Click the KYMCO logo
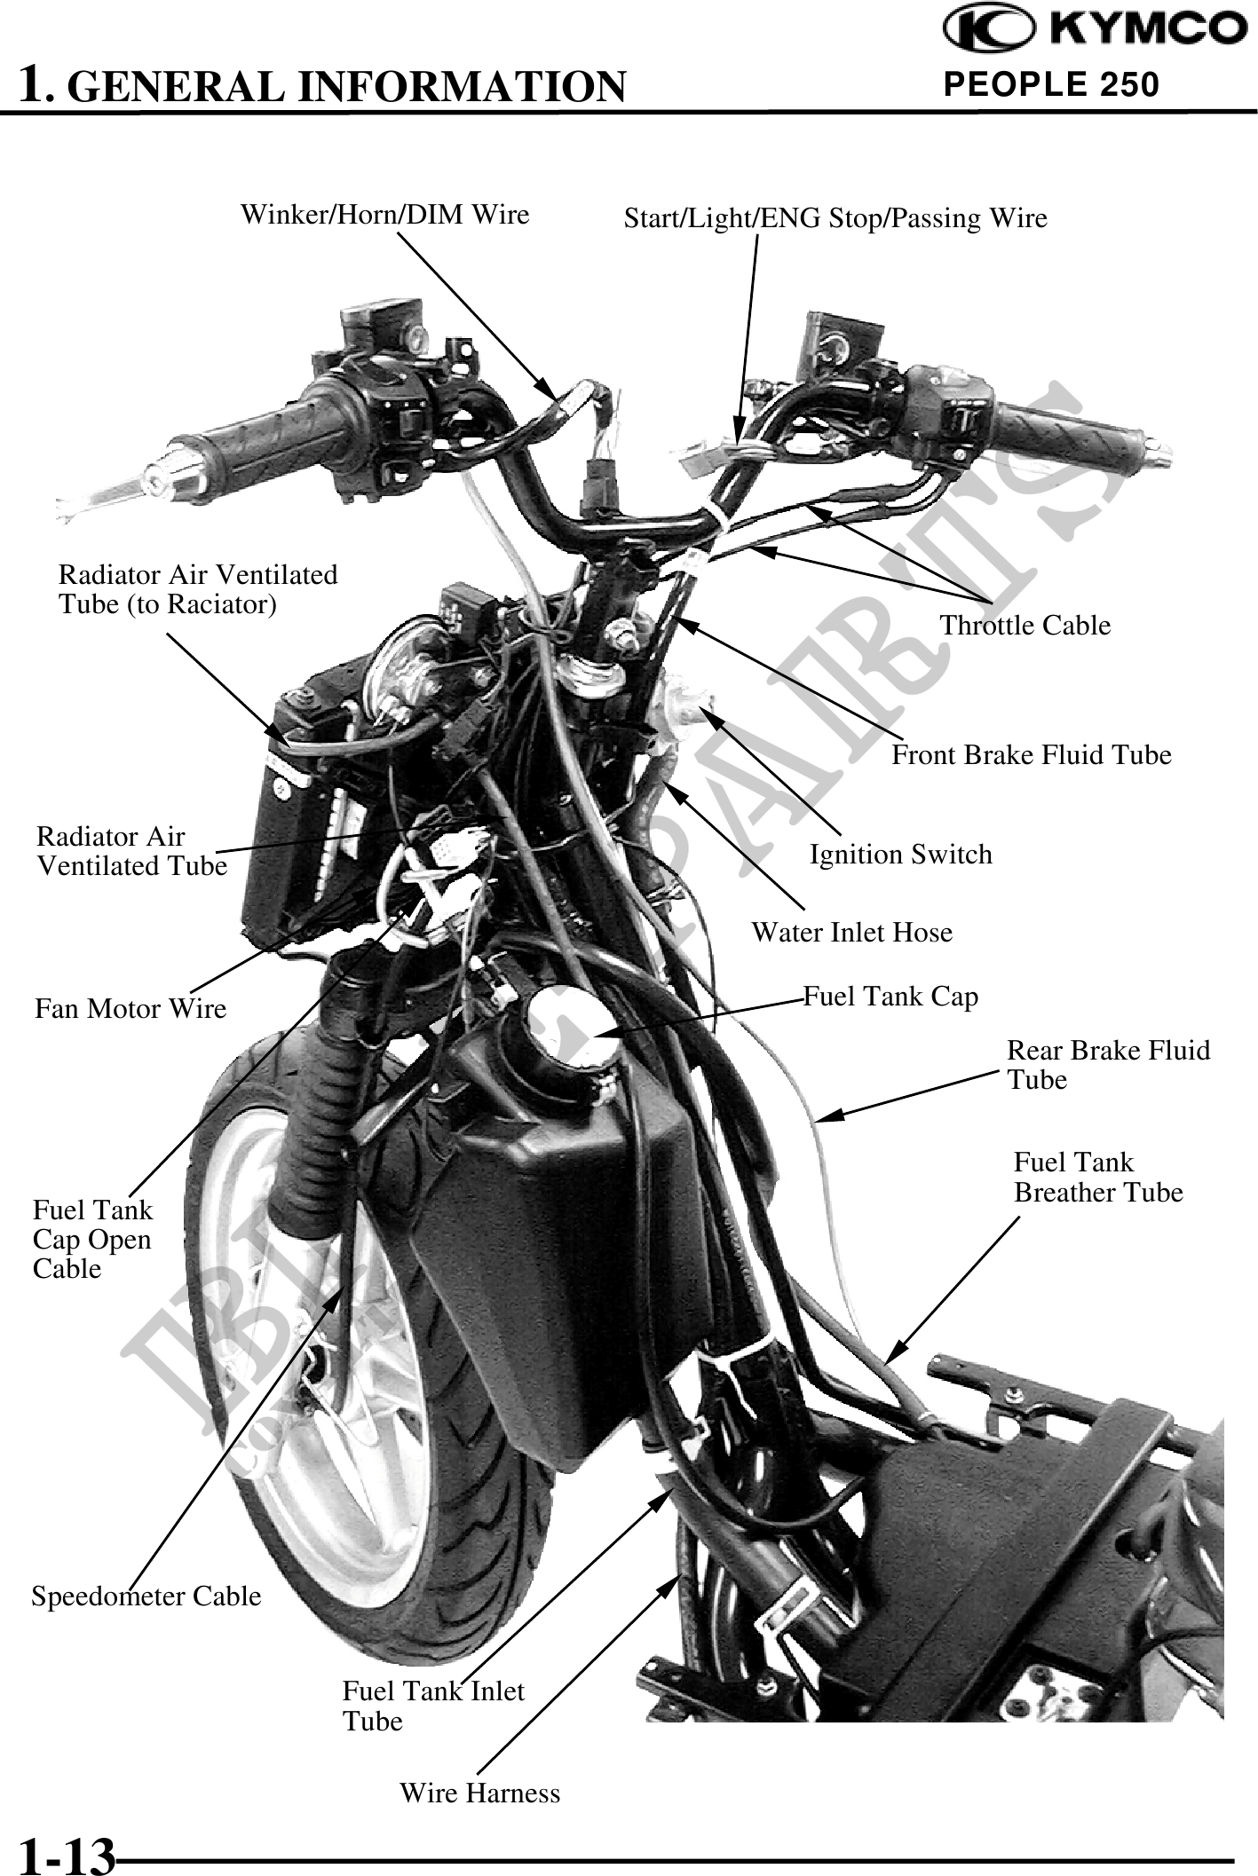(x=1095, y=31)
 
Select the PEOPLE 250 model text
(x=1051, y=84)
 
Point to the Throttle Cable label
(x=1025, y=626)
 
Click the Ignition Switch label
(x=900, y=855)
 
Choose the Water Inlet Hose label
(x=851, y=933)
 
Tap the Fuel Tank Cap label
(x=890, y=997)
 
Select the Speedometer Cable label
(x=146, y=1596)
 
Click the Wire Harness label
(x=479, y=1793)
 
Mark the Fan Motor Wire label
(x=131, y=1009)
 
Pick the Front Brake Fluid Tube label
(x=1031, y=755)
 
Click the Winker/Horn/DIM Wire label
(x=384, y=215)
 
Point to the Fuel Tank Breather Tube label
(x=1097, y=1177)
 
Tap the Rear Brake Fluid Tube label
(x=1107, y=1065)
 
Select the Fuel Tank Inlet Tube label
(x=432, y=1706)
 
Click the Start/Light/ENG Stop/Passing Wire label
(x=835, y=218)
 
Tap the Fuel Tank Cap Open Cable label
(x=92, y=1239)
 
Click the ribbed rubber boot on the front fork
(x=311, y=1145)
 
